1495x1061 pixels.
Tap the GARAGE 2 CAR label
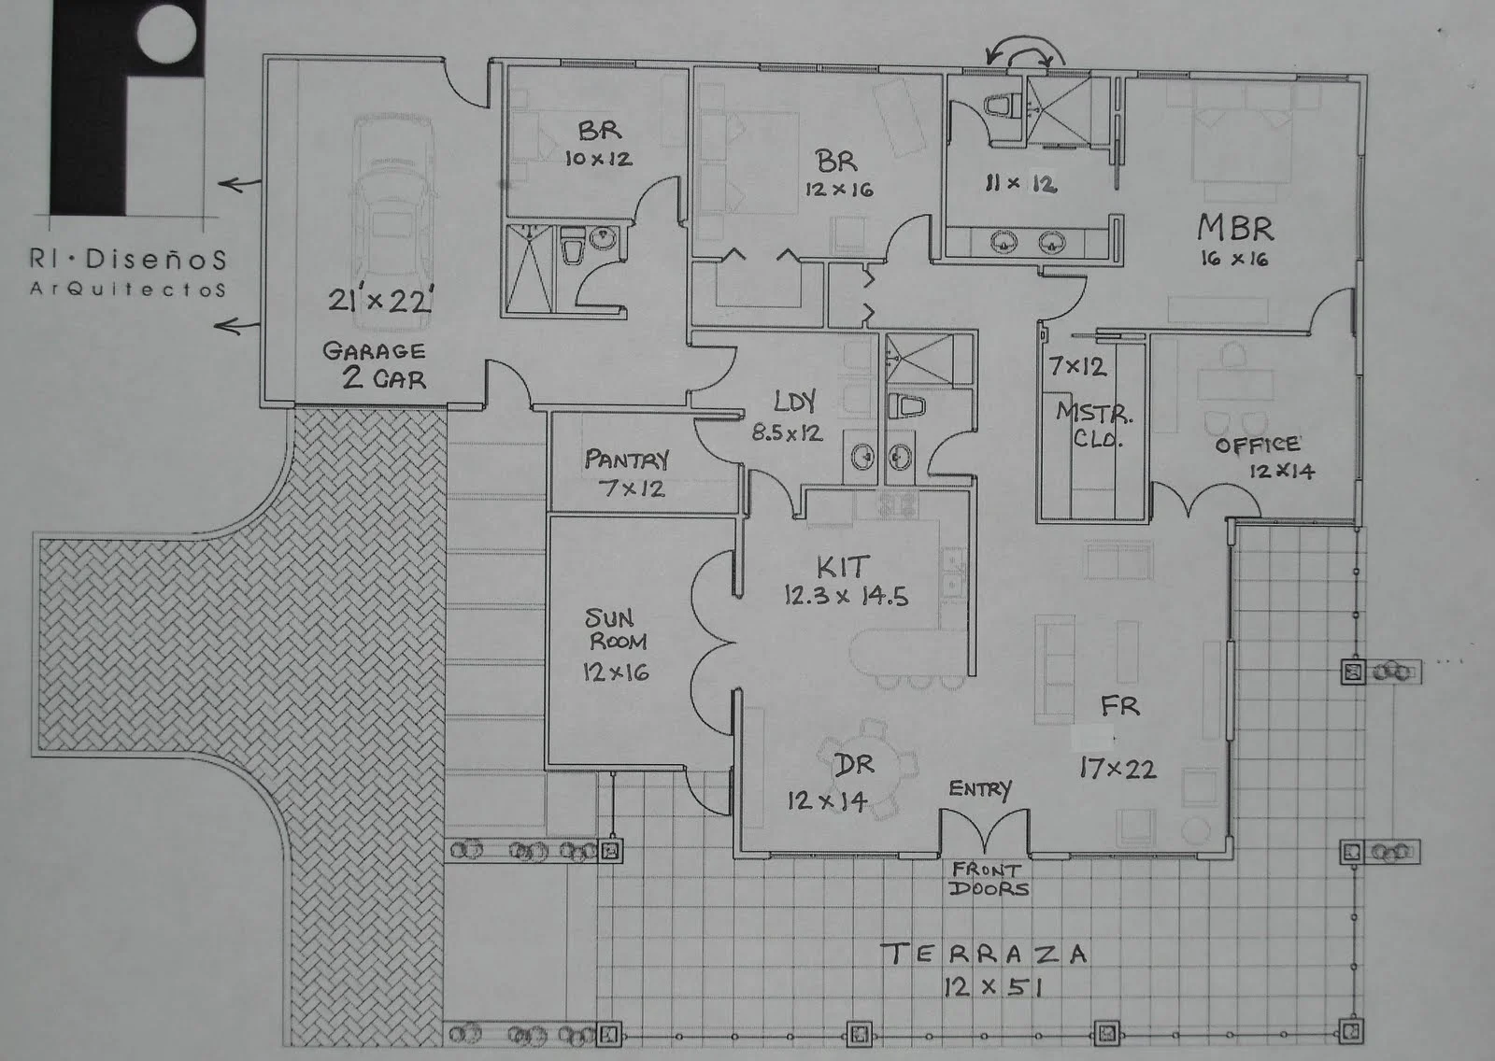pyautogui.click(x=375, y=364)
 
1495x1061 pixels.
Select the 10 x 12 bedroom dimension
pyautogui.click(x=598, y=159)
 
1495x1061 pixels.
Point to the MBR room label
pyautogui.click(x=1234, y=227)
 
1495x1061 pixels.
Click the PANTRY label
pyautogui.click(x=626, y=459)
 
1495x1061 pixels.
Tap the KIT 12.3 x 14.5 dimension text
pyautogui.click(x=846, y=596)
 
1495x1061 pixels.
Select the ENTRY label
pyautogui.click(x=979, y=789)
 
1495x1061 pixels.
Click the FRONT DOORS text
pyautogui.click(x=989, y=879)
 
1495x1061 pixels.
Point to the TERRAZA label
pyautogui.click(x=984, y=954)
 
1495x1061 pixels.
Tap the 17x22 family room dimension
pyautogui.click(x=1118, y=769)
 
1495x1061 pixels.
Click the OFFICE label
pyautogui.click(x=1257, y=445)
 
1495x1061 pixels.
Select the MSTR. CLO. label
pyautogui.click(x=1094, y=425)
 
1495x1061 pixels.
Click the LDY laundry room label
pyautogui.click(x=794, y=402)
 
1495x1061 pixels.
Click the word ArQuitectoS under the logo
pyautogui.click(x=128, y=290)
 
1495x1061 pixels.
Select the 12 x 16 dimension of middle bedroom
pyautogui.click(x=838, y=190)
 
